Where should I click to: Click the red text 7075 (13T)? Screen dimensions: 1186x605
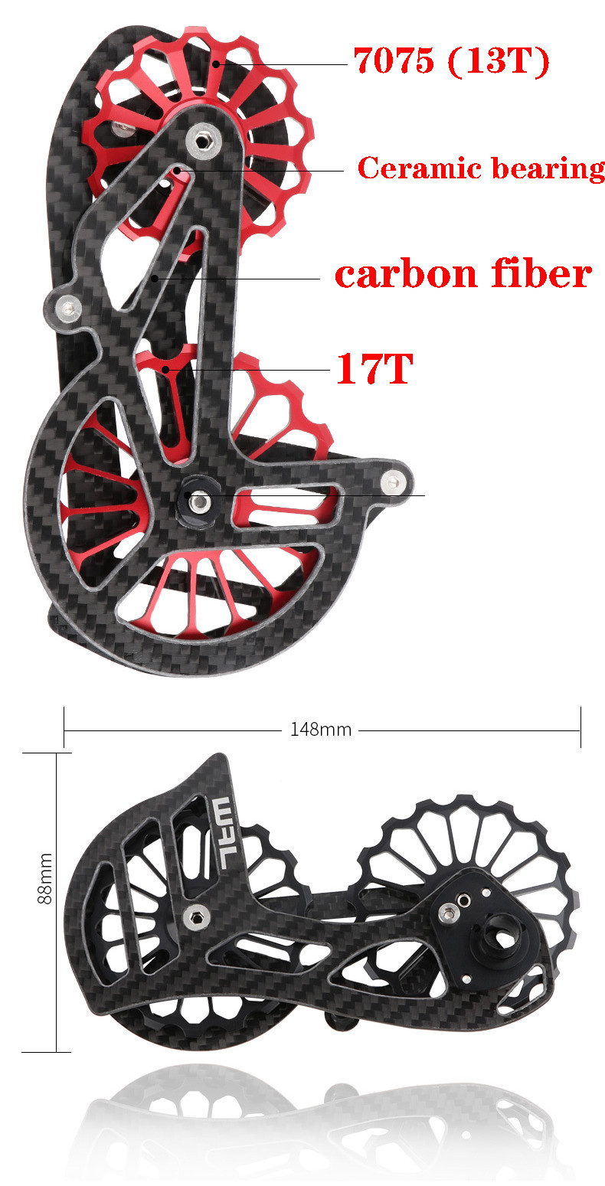[x=451, y=61]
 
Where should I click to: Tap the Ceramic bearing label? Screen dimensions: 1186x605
[x=481, y=168]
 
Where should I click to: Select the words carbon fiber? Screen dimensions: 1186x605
[x=463, y=274]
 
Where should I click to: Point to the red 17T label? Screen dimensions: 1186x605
[x=374, y=370]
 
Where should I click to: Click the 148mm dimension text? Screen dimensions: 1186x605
[x=320, y=730]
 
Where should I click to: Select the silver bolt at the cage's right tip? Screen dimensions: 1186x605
[x=394, y=480]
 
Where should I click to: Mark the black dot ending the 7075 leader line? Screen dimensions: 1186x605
[x=217, y=64]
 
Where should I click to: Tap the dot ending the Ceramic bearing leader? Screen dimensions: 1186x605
[x=178, y=171]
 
